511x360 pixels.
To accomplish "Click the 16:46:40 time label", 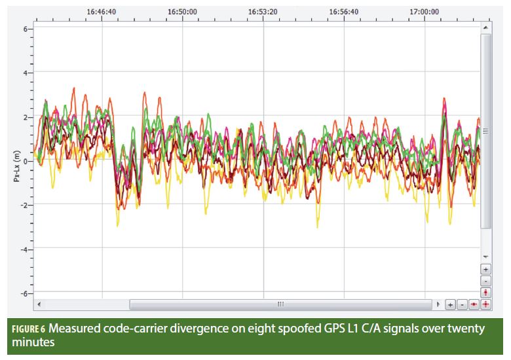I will pos(102,11).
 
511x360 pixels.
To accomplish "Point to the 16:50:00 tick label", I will pos(182,11).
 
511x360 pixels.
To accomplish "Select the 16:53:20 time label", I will pos(263,11).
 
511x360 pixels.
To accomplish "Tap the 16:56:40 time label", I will pos(343,11).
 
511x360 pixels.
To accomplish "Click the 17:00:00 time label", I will pos(424,11).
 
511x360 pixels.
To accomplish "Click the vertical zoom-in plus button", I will pos(485,269).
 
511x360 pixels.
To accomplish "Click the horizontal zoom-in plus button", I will pos(451,305).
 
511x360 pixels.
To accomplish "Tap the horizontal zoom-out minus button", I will pos(462,305).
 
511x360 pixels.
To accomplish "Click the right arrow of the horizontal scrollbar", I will pos(438,305).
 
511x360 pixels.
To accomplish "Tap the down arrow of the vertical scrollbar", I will pos(485,256).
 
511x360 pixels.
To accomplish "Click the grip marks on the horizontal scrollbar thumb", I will pos(280,305).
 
